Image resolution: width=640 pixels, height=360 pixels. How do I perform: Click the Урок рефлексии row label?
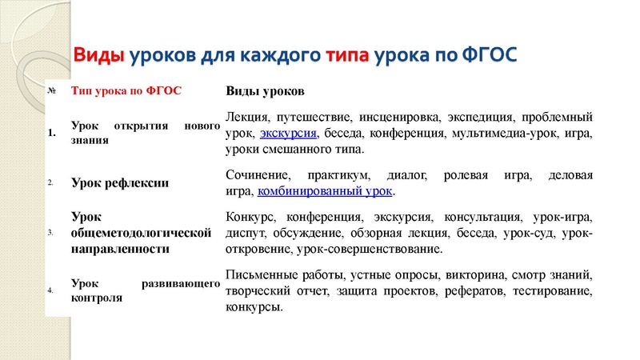(x=120, y=183)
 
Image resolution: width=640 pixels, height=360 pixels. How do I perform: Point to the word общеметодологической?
(x=141, y=233)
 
